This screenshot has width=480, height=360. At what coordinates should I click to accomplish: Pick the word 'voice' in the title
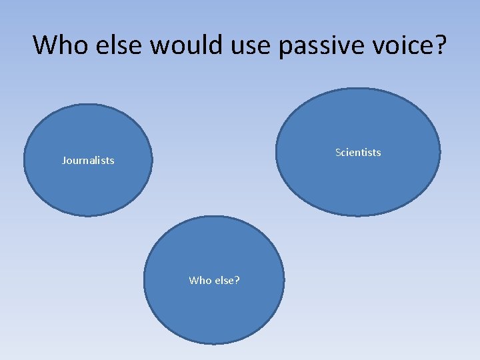tap(397, 45)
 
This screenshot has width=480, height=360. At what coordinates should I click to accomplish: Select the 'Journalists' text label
tap(88, 161)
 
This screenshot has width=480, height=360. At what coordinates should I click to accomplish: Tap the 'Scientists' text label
tap(358, 153)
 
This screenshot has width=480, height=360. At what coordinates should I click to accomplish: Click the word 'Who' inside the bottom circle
tap(199, 281)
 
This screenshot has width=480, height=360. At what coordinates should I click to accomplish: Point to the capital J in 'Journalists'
tap(64, 161)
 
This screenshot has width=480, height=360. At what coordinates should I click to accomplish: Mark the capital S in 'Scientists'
tap(338, 153)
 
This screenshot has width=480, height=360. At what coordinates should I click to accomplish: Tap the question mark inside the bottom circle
tap(237, 281)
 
